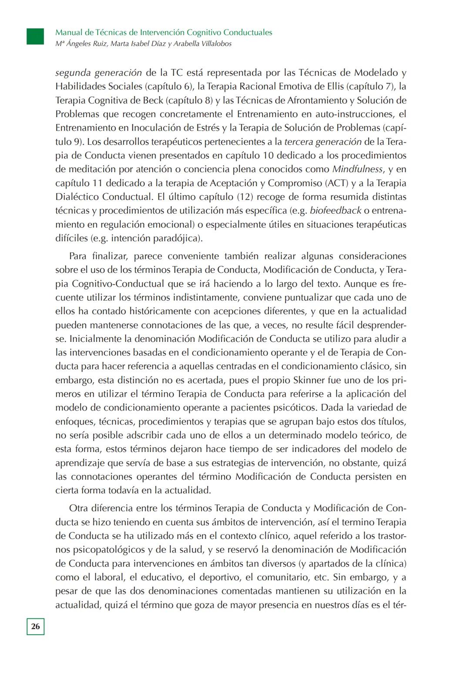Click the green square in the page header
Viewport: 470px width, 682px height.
pyautogui.click(x=35, y=36)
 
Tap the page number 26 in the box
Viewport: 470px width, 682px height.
pyautogui.click(x=36, y=626)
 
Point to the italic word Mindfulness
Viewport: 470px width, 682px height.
pyautogui.click(x=357, y=169)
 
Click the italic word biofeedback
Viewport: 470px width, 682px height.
pyautogui.click(x=335, y=211)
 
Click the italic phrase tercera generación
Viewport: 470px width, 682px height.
pyautogui.click(x=323, y=142)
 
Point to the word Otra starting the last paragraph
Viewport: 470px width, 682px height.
pyautogui.click(x=78, y=508)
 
